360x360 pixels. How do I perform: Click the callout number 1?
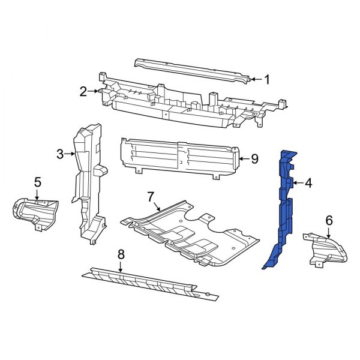coord(267,79)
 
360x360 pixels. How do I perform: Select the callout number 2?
coord(83,92)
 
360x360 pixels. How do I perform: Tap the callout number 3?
coord(60,154)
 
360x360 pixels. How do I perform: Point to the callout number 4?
coord(308,183)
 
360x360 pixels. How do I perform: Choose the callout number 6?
coord(328,220)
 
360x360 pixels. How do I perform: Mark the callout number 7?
coord(151,196)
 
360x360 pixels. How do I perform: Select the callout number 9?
coord(254,159)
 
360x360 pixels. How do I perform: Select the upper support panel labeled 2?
coord(180,105)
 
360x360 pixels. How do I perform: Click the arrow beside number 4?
coord(297,183)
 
